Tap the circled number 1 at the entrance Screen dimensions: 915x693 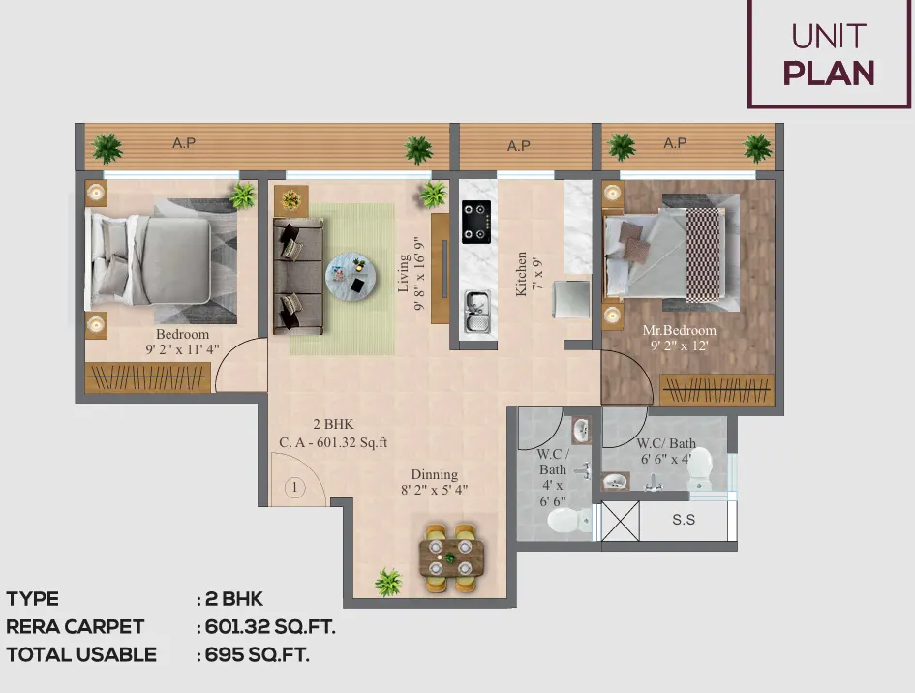pyautogui.click(x=294, y=487)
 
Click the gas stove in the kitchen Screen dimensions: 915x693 pyautogui.click(x=476, y=223)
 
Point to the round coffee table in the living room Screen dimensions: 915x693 pyautogui.click(x=351, y=278)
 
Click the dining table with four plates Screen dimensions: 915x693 pyautogui.click(x=451, y=558)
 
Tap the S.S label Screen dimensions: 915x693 pyautogui.click(x=684, y=519)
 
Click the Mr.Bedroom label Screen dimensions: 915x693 pyautogui.click(x=680, y=330)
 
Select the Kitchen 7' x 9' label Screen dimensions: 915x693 pyautogui.click(x=530, y=274)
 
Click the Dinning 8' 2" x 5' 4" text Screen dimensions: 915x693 pyautogui.click(x=434, y=482)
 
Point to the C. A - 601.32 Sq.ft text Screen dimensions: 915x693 pyautogui.click(x=333, y=442)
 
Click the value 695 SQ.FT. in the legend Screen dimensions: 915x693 pyautogui.click(x=257, y=654)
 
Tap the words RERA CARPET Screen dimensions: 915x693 pyautogui.click(x=76, y=626)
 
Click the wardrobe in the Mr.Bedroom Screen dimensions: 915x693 pyautogui.click(x=717, y=389)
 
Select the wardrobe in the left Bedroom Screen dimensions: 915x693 pyautogui.click(x=147, y=377)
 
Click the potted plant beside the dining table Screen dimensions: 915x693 pyautogui.click(x=388, y=582)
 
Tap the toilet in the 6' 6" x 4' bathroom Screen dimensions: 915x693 pyautogui.click(x=700, y=469)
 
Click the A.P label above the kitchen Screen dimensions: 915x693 pyautogui.click(x=518, y=146)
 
